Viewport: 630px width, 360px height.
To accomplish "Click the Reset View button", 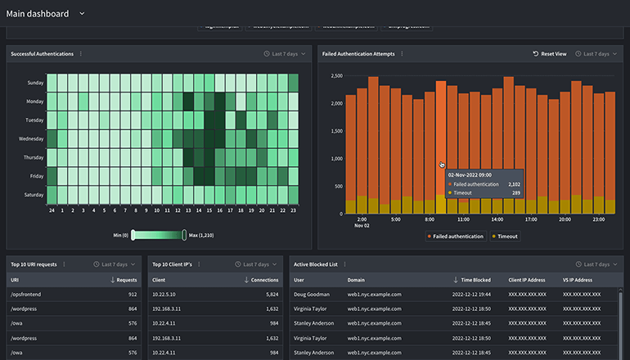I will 550,54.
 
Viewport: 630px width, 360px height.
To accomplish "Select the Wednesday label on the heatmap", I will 31,139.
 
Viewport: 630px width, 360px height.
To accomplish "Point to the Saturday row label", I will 34,195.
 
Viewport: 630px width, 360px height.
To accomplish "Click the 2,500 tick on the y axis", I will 335,76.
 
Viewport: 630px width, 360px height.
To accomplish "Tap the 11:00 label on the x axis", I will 463,219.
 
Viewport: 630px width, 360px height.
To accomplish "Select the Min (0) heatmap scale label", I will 119,236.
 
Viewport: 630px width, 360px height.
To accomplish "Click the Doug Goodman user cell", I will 313,294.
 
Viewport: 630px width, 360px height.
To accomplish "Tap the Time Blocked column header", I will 475,280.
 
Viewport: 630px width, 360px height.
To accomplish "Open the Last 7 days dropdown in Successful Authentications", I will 286,54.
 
